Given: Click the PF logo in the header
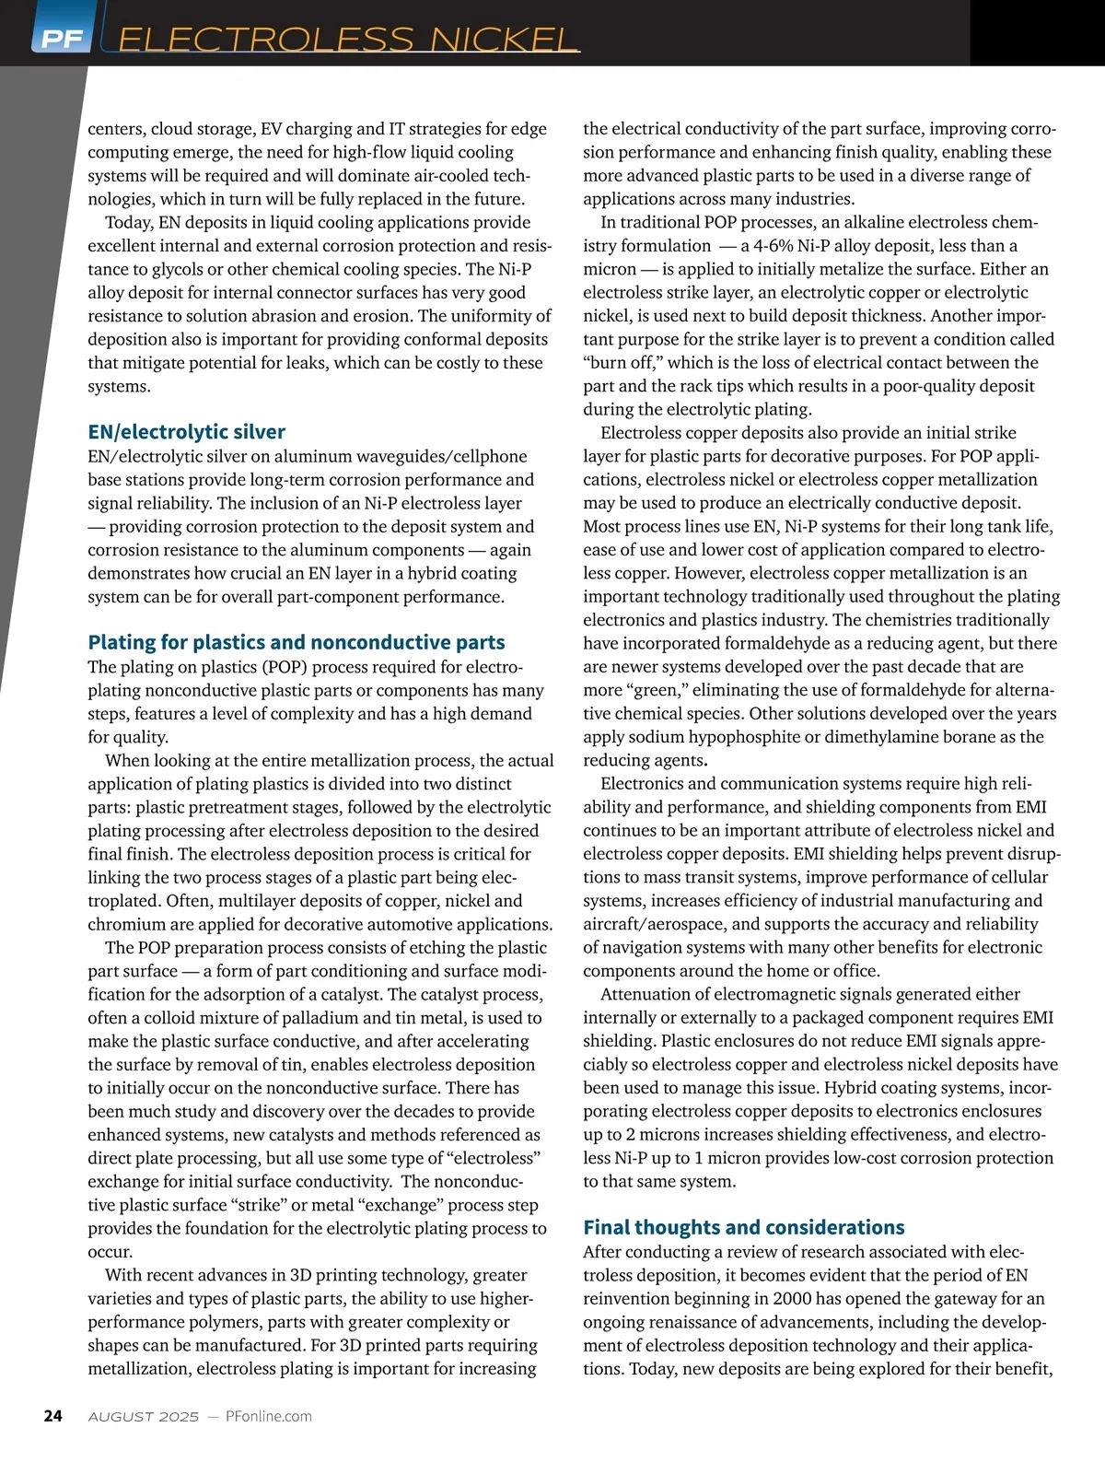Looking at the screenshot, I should click(x=61, y=39).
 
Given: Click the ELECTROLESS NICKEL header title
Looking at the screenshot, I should click(x=348, y=40).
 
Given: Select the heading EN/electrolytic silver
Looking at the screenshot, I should click(x=186, y=431).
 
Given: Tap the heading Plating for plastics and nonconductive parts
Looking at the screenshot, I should click(x=297, y=642).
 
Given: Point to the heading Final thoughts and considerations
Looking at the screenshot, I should click(x=744, y=1227).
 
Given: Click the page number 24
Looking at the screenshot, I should click(x=53, y=1416).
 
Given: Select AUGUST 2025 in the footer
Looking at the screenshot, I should click(x=143, y=1417).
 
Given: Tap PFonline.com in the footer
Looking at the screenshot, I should click(x=269, y=1417).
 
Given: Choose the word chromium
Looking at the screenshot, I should click(x=125, y=924).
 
